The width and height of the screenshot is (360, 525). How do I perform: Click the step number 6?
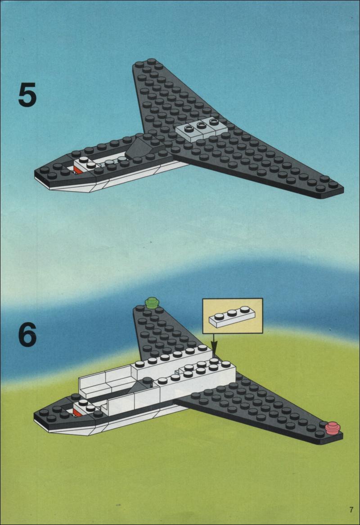(x=27, y=334)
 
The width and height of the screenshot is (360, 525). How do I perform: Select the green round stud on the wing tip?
(x=152, y=303)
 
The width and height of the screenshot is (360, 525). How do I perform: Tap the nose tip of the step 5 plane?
(x=35, y=174)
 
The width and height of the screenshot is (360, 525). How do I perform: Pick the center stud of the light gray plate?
(x=201, y=125)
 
